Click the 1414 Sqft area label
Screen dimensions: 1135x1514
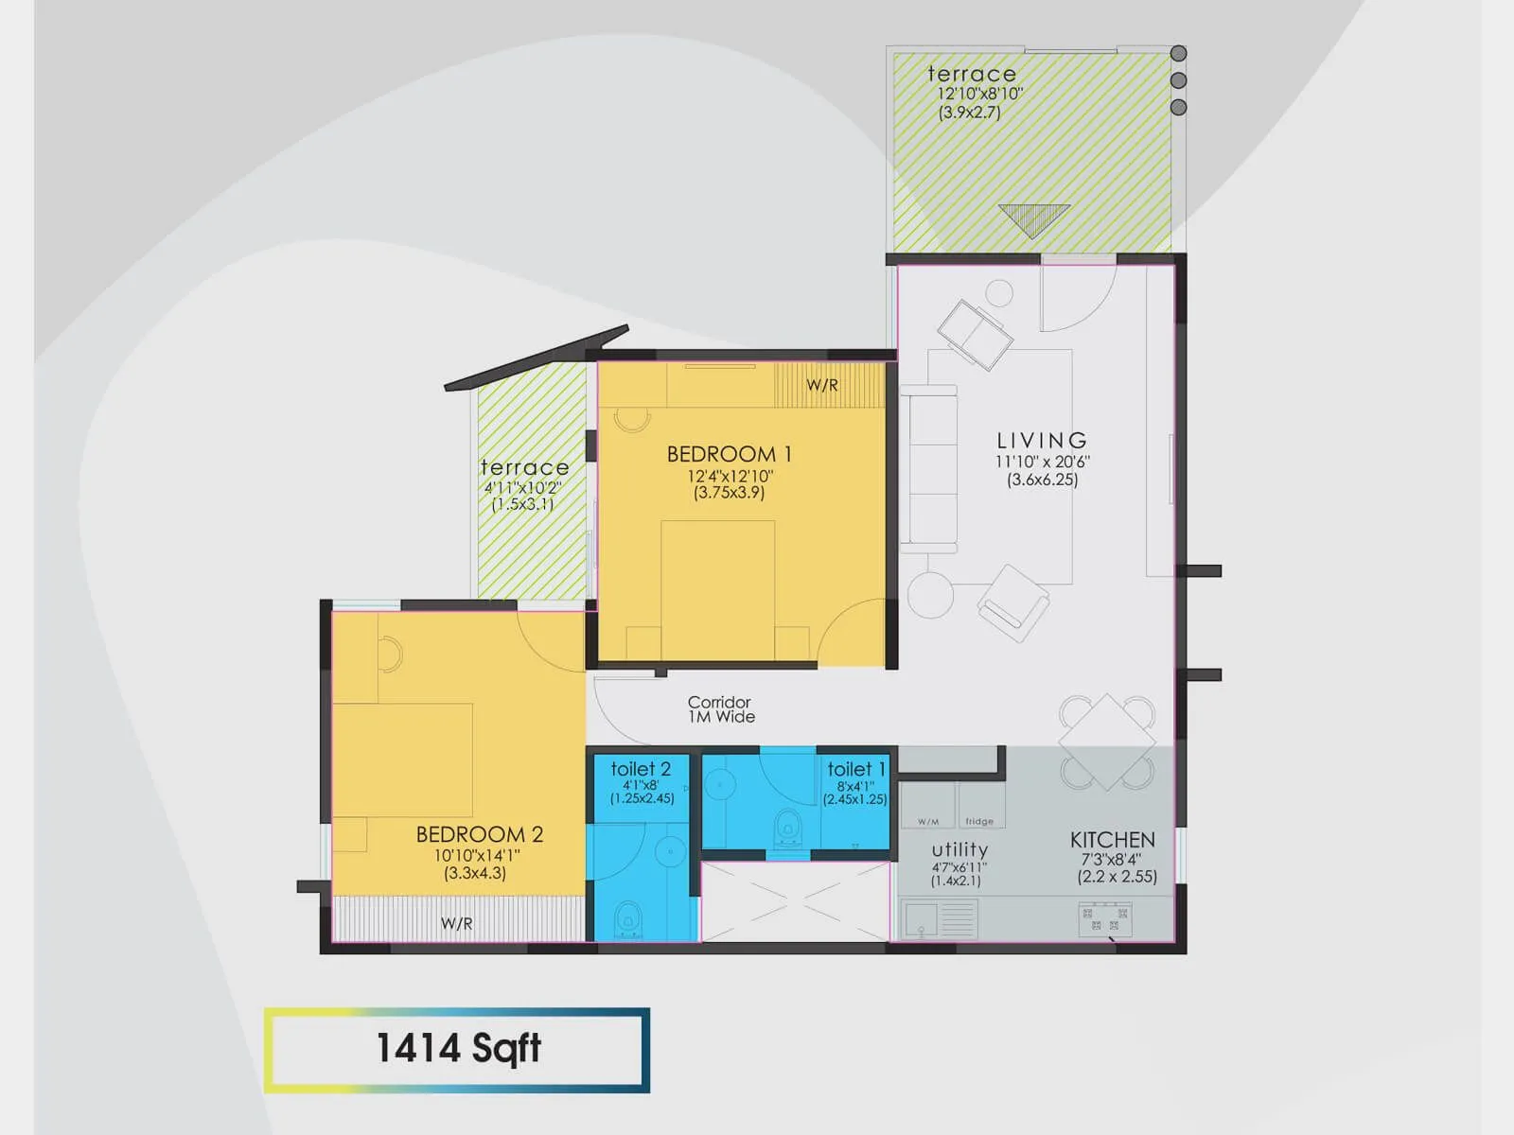tap(458, 1048)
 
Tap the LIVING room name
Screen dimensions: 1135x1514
tap(1042, 441)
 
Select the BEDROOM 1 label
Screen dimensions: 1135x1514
tap(729, 454)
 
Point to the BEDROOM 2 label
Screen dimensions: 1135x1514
tap(479, 834)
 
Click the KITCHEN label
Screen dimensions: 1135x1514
tap(1112, 840)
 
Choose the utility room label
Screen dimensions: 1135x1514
tap(959, 849)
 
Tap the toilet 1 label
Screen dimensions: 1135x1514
tap(855, 769)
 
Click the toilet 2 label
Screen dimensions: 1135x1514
tap(641, 769)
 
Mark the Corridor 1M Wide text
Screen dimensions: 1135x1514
tap(720, 709)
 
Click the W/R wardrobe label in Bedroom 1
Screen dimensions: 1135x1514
tap(821, 386)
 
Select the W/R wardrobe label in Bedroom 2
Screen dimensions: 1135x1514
tap(456, 923)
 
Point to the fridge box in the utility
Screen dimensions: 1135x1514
tap(980, 807)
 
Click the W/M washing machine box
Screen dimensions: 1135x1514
tap(928, 807)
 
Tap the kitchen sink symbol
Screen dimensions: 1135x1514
tap(939, 919)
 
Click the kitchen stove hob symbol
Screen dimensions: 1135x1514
tap(1104, 919)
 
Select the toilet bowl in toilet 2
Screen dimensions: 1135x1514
tap(627, 919)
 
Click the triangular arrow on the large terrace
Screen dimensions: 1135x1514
tap(1033, 219)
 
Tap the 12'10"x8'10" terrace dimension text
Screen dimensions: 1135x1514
tap(979, 94)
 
